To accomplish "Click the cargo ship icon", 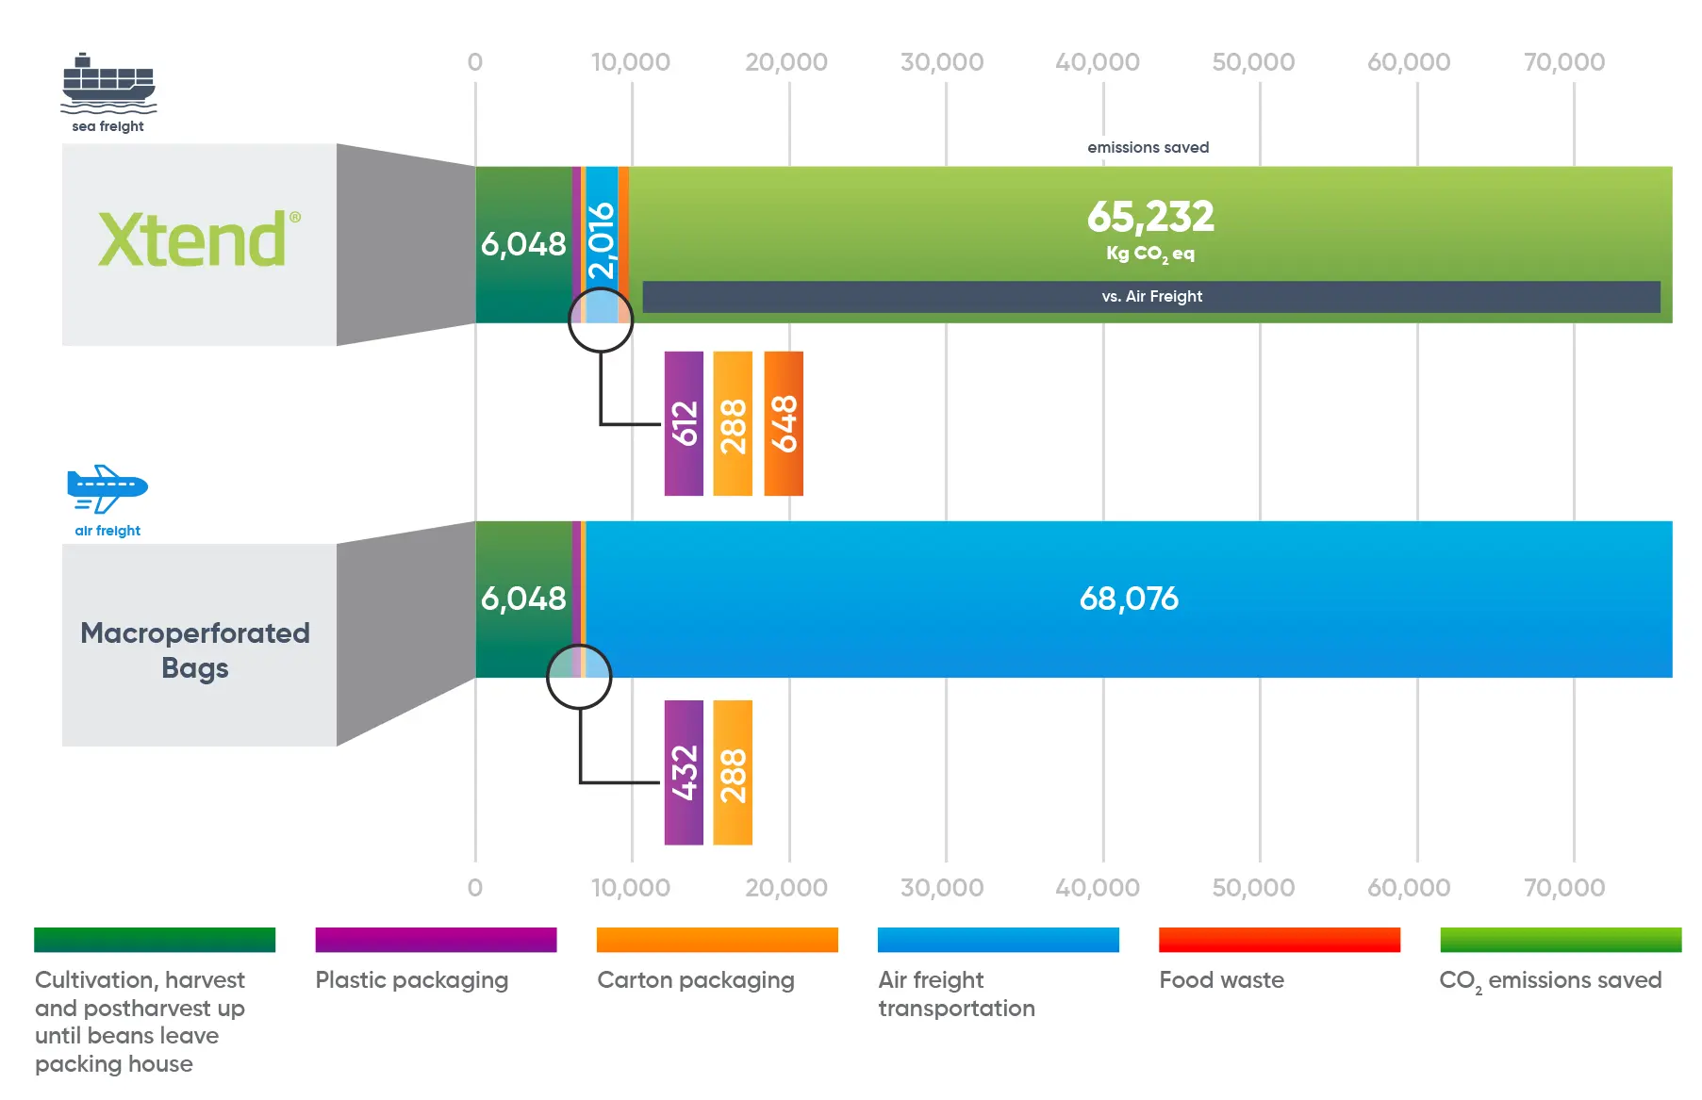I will (x=108, y=81).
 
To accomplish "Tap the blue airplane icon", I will (x=107, y=488).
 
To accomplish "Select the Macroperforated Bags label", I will (x=195, y=649).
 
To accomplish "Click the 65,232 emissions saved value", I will (x=1150, y=217).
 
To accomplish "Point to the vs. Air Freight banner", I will (x=1150, y=297).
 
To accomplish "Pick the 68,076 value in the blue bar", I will (x=1129, y=599).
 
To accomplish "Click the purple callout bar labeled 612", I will (x=684, y=423).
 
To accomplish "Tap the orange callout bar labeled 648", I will (x=784, y=423).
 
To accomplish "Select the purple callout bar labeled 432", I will (x=684, y=772).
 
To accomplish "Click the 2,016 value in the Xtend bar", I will (x=602, y=241).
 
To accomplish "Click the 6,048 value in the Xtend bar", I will (x=523, y=244).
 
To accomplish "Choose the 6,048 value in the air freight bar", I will (x=523, y=599).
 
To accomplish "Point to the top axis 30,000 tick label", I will (x=941, y=62).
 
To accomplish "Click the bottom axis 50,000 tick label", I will (x=1253, y=888).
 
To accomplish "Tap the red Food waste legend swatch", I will (x=1279, y=940).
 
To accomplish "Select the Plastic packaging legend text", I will (x=412, y=980).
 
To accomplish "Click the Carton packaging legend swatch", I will (x=717, y=940).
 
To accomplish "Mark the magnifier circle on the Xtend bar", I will (x=601, y=320).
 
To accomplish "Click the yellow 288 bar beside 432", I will (x=733, y=772).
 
